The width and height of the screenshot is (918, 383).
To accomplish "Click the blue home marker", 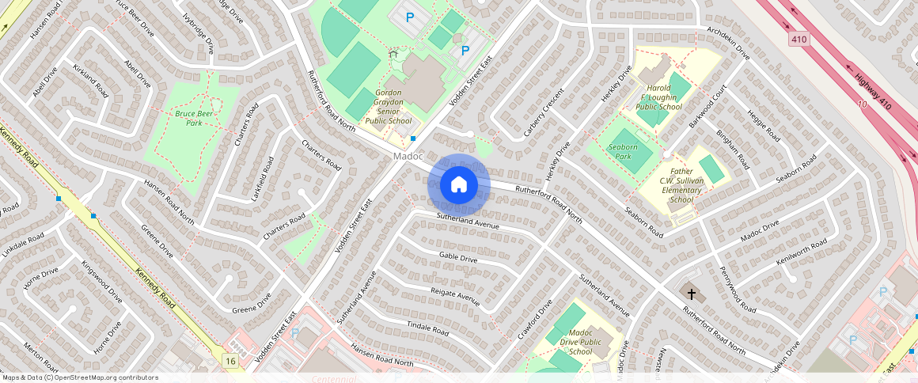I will [458, 185].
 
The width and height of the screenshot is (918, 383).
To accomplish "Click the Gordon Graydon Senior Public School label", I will [389, 107].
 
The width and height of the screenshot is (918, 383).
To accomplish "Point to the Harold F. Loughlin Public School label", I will [658, 97].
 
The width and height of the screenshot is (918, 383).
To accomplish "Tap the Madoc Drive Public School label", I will [580, 342].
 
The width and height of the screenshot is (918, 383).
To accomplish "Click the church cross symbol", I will [692, 294].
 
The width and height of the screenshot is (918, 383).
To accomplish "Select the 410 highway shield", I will [799, 38].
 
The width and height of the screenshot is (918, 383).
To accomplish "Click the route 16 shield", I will [230, 361].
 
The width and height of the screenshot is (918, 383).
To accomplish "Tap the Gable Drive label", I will [458, 257].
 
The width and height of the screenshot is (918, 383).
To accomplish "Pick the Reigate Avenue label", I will [455, 297].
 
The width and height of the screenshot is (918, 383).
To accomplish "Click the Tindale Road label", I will [427, 328].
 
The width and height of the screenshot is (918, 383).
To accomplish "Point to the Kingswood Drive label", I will [101, 283].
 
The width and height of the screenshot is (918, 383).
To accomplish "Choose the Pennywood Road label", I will [733, 284].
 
